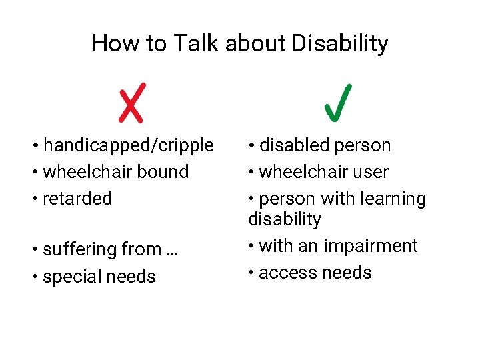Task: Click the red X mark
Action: click(131, 104)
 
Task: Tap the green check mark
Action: click(338, 104)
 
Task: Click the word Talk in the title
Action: click(197, 44)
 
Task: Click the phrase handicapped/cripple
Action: click(129, 145)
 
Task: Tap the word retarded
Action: click(77, 199)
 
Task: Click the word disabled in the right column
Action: click(294, 145)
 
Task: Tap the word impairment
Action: click(370, 246)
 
